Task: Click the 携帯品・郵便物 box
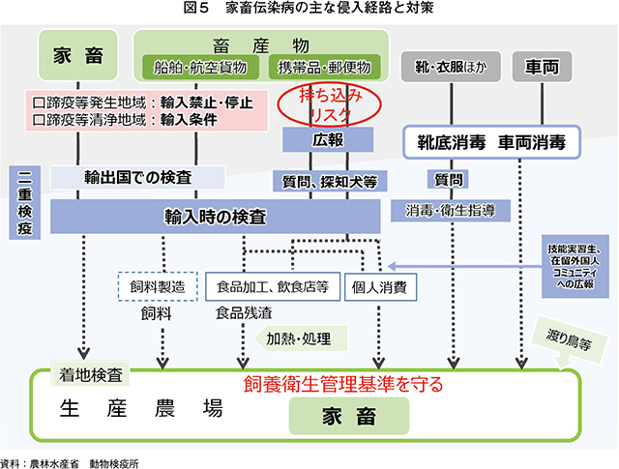(x=324, y=67)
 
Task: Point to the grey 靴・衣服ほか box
(x=444, y=67)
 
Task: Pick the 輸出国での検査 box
(x=137, y=177)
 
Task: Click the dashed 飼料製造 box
(x=156, y=286)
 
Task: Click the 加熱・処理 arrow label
(x=299, y=338)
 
